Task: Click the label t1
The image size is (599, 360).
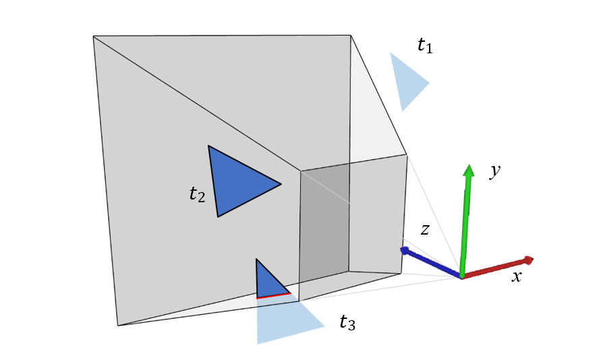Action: point(424,46)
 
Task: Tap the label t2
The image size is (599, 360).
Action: point(196,195)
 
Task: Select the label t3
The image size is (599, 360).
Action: point(347,323)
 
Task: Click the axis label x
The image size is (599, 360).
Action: point(516,276)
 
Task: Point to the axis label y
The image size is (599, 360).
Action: point(495,171)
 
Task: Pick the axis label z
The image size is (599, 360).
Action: point(425,229)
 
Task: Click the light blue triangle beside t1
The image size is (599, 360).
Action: point(407,82)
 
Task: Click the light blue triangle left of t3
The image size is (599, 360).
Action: point(283,320)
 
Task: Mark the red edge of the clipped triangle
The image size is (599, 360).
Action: point(273,295)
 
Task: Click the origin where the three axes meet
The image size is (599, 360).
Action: point(462,276)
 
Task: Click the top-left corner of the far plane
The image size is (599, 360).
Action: point(94,36)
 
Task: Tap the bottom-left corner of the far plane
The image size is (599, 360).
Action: point(118,326)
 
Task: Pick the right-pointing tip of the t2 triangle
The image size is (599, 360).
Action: point(280,183)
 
